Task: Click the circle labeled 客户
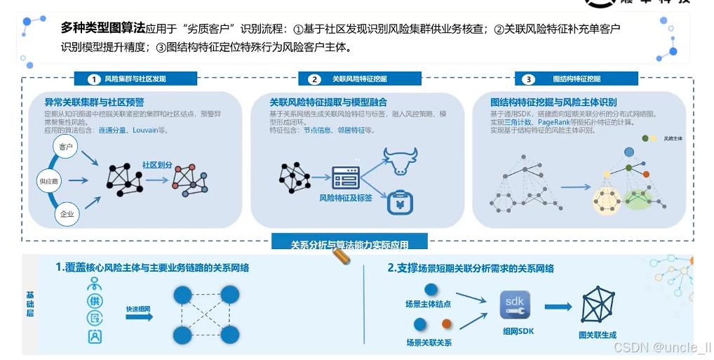coord(67,147)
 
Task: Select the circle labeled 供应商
coord(48,181)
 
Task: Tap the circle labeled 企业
coord(67,214)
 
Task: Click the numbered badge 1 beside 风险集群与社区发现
coord(95,79)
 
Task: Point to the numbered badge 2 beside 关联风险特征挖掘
coord(315,79)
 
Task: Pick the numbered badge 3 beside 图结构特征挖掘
coord(529,79)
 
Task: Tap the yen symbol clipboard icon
coord(401,203)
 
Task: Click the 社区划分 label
coord(157,165)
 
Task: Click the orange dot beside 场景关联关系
coord(446,324)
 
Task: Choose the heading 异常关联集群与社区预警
coord(95,102)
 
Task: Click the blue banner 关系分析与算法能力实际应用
coord(349,244)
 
